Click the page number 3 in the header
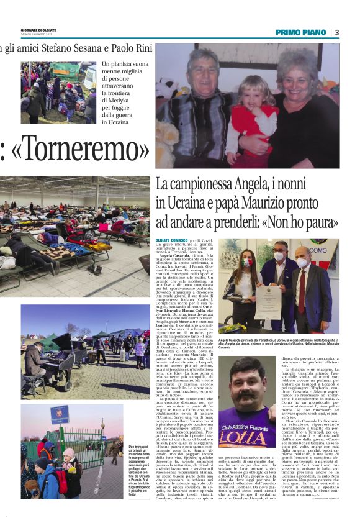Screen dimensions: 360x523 [x=337, y=32]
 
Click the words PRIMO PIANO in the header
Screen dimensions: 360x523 [x=302, y=32]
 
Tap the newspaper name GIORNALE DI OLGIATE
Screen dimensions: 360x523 [x=38, y=29]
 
